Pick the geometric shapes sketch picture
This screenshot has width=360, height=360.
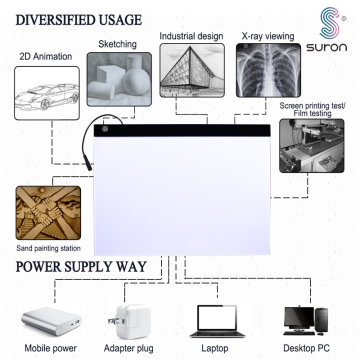click(x=118, y=80)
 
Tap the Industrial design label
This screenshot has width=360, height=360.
click(x=190, y=36)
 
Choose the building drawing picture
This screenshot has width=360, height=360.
click(x=189, y=79)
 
